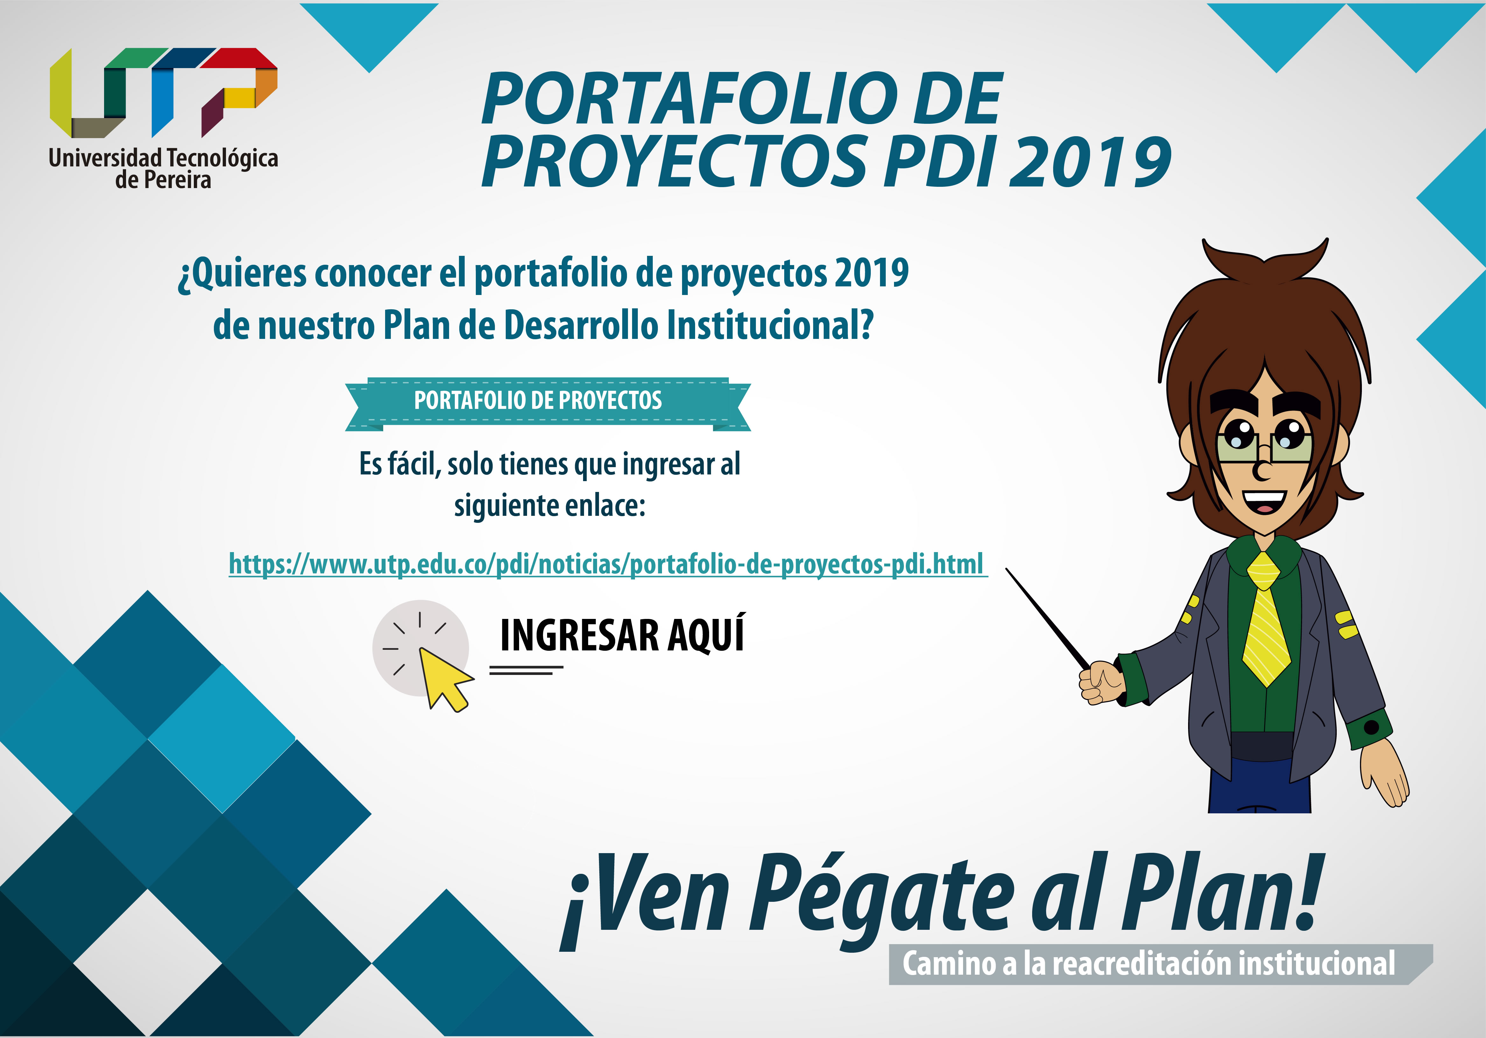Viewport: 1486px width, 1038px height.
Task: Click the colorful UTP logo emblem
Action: click(164, 93)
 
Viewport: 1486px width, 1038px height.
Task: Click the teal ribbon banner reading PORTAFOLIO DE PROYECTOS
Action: click(547, 404)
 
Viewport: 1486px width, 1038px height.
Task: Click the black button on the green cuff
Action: click(1371, 727)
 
